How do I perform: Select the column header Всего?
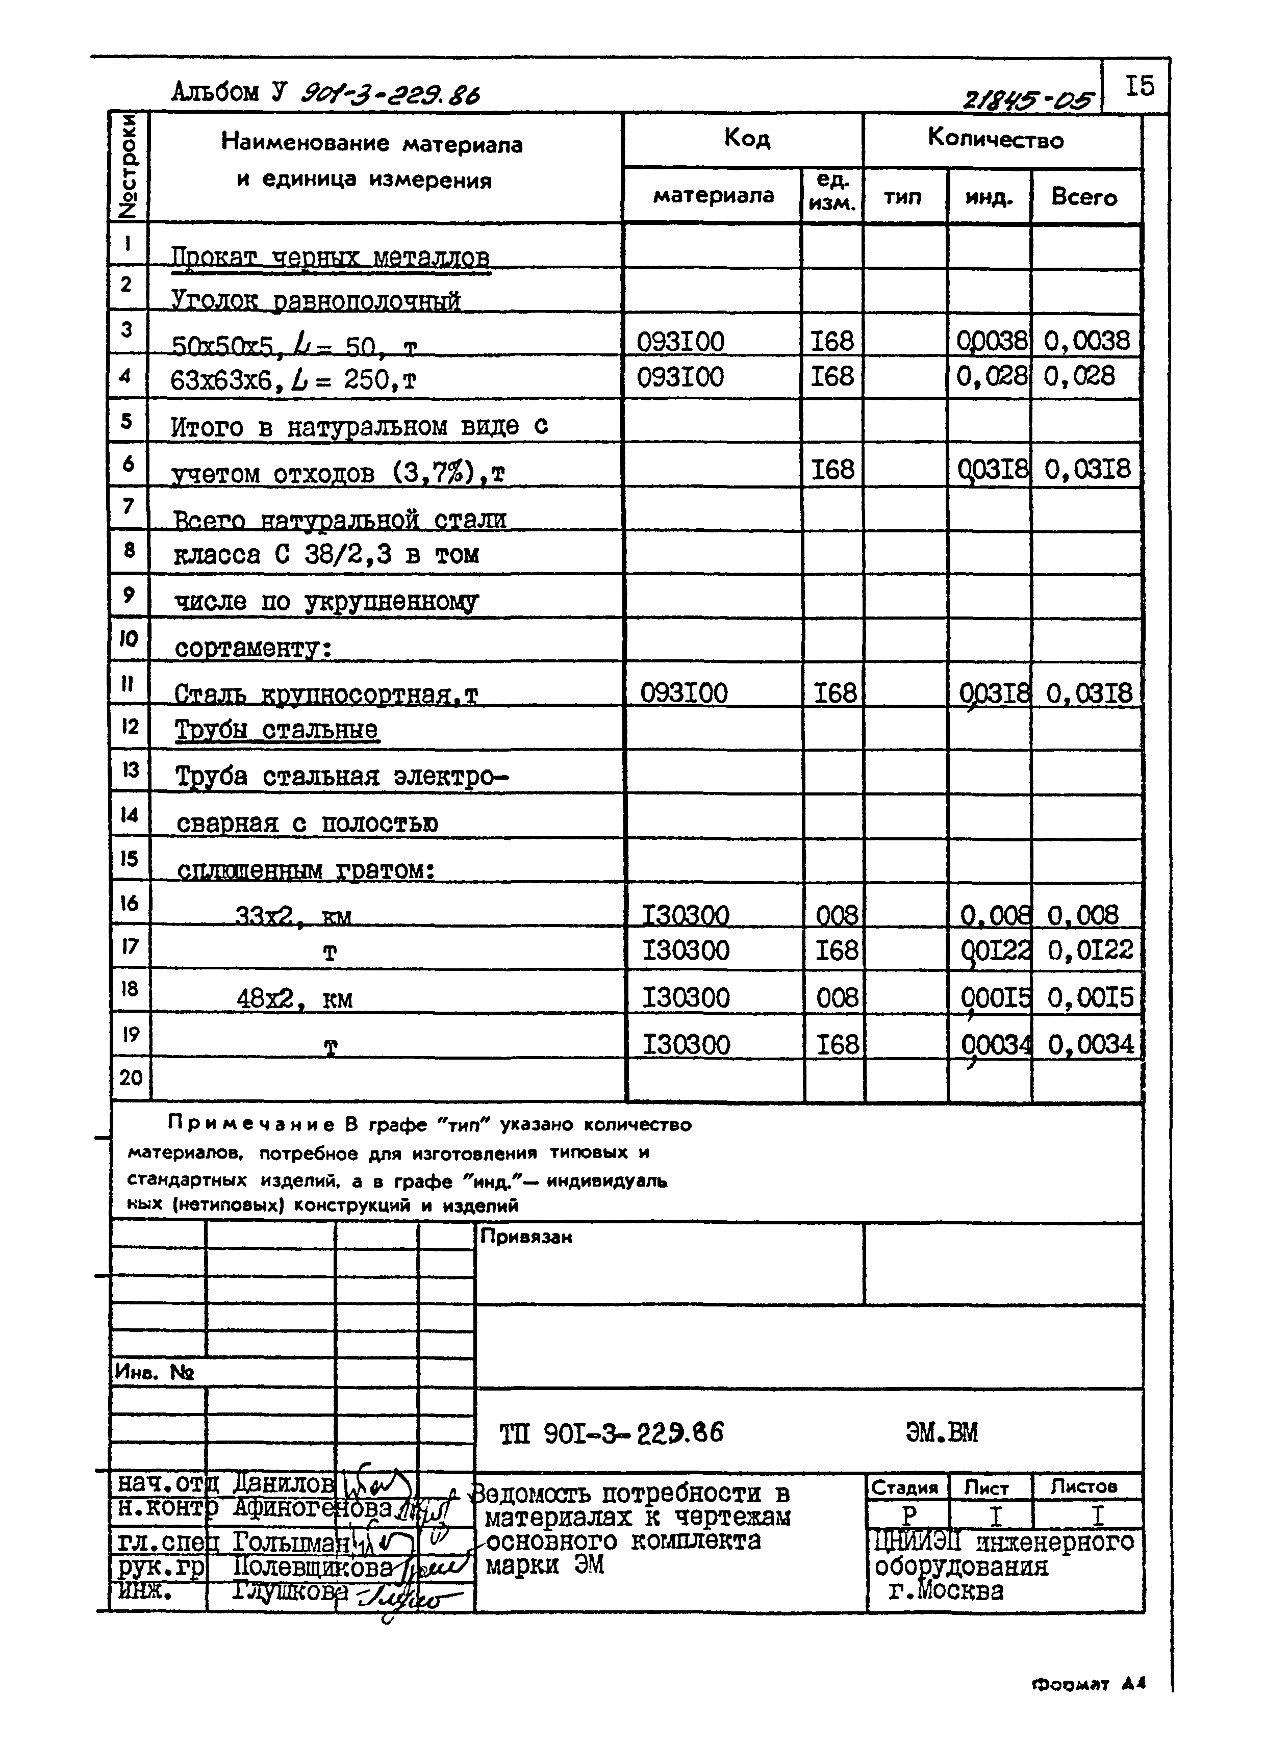pos(1084,197)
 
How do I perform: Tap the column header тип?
pos(902,197)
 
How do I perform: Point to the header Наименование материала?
pos(372,143)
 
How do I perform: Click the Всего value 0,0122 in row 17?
pos(1090,950)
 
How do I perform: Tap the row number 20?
pos(130,1077)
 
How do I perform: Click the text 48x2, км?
pos(294,999)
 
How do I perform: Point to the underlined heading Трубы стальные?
pos(276,730)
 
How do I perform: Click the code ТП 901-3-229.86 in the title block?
pos(612,1433)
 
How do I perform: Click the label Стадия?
pos(904,1488)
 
